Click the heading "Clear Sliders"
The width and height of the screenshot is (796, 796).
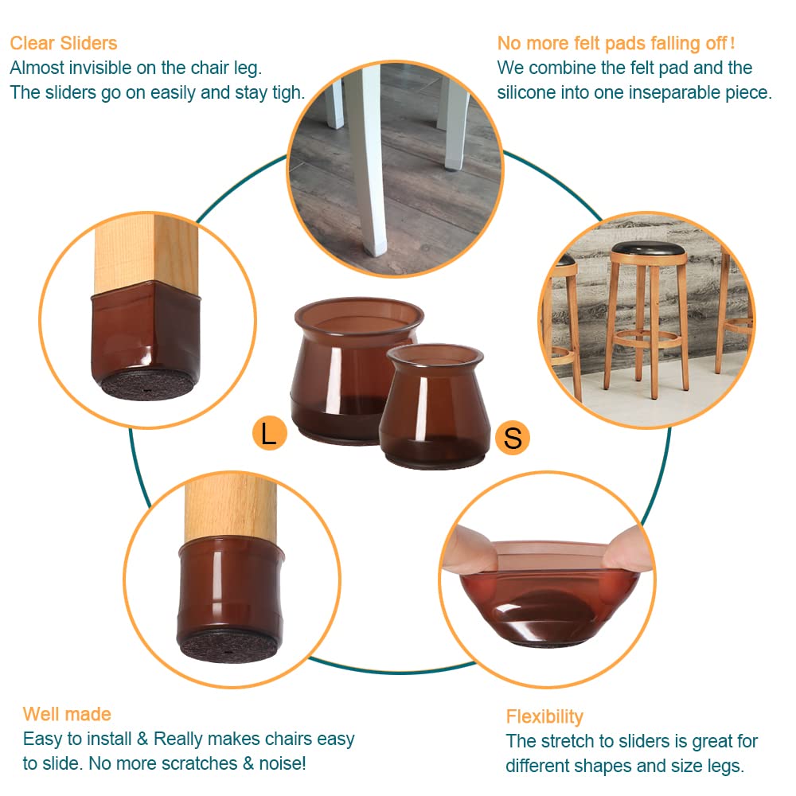click(x=64, y=43)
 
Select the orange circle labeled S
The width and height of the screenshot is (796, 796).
click(x=513, y=438)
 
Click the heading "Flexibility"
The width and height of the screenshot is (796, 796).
click(x=544, y=716)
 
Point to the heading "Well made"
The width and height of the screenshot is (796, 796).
click(x=67, y=713)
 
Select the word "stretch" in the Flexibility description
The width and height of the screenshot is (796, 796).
click(x=568, y=741)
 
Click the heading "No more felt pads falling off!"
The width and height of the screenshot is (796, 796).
click(x=615, y=43)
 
